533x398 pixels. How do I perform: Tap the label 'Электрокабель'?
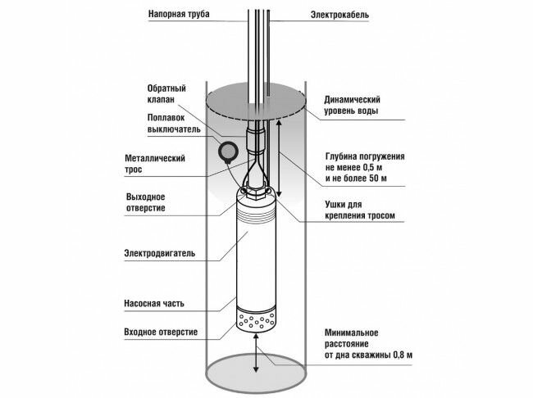click(x=344, y=15)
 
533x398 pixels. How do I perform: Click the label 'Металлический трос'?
click(x=153, y=164)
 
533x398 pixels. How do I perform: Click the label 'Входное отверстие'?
click(x=160, y=332)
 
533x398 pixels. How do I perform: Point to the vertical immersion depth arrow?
click(x=280, y=156)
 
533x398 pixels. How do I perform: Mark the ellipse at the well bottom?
click(x=255, y=375)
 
